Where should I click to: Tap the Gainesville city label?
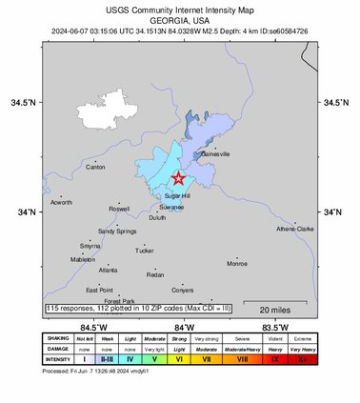pos(216,154)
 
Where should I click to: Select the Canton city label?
pos(95,167)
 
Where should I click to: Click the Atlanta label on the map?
pos(108,270)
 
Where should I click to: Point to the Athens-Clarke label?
pos(294,229)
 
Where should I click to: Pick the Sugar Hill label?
pos(179,195)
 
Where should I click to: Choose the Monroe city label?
pos(236,263)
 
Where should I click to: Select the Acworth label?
pos(62,202)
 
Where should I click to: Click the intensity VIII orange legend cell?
pos(243,359)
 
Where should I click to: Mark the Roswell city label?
pos(119,209)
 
